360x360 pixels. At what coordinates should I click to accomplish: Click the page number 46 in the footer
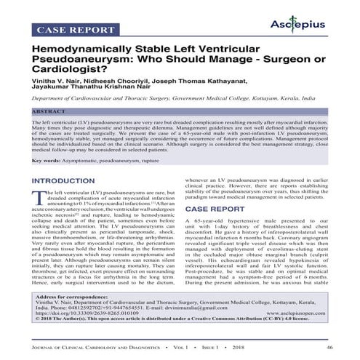[x=330, y=348]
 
